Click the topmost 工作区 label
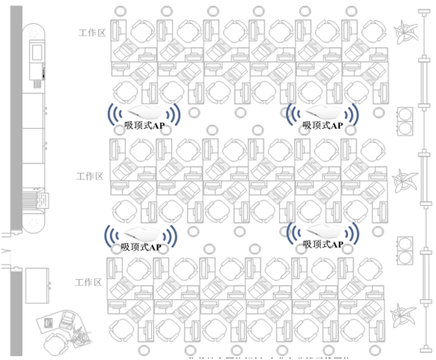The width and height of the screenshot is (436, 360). coord(91,33)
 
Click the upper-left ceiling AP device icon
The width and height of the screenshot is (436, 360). coord(144,111)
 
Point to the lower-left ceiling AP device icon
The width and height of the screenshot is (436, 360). coord(141,234)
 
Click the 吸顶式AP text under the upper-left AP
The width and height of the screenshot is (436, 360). coord(144,124)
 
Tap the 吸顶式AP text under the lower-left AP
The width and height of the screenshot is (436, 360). coord(141,247)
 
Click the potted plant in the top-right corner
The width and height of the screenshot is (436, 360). coord(405,33)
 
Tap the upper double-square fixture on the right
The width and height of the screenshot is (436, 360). coord(406,121)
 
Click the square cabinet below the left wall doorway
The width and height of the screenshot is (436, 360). coord(39,284)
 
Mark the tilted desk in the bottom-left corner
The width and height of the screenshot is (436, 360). coord(61,328)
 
